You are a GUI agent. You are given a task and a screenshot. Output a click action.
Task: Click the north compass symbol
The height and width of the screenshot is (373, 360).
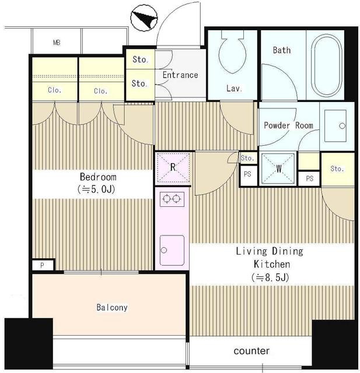click(x=144, y=18)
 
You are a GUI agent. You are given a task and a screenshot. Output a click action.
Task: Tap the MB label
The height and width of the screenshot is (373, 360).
click(x=57, y=43)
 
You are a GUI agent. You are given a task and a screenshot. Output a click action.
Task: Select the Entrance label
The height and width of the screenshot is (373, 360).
click(x=180, y=75)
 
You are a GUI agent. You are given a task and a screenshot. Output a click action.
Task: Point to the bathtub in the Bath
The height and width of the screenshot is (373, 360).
click(x=326, y=65)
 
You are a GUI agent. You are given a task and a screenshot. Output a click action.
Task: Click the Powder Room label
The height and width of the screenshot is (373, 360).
click(x=288, y=125)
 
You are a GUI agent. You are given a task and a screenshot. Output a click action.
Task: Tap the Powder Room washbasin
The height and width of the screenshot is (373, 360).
click(x=335, y=126)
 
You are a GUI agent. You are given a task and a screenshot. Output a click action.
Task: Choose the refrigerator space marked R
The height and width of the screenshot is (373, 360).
click(x=173, y=168)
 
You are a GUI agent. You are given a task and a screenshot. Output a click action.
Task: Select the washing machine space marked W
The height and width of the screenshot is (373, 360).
click(x=278, y=168)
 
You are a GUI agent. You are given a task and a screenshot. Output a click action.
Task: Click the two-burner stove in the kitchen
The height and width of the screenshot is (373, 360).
click(x=172, y=199)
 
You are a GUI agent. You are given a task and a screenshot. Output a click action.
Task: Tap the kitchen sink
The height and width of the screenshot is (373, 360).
click(x=172, y=250)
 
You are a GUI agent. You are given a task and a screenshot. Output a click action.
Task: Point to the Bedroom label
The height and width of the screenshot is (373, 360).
click(x=98, y=177)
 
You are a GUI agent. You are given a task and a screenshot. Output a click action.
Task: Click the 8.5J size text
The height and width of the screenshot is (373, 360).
click(x=270, y=277)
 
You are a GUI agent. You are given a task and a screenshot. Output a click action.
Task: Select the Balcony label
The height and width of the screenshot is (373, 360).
click(x=112, y=307)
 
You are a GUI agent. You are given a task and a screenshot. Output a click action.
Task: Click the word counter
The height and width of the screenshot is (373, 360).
click(x=251, y=351)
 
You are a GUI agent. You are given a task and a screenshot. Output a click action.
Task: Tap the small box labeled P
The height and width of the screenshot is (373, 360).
click(x=43, y=265)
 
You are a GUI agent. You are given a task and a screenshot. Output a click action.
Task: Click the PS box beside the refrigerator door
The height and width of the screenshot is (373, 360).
click(x=248, y=175)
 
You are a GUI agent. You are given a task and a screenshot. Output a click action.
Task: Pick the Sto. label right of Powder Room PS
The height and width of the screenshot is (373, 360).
click(x=337, y=168)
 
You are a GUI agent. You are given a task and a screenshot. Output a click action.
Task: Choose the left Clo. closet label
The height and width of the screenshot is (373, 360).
click(x=54, y=90)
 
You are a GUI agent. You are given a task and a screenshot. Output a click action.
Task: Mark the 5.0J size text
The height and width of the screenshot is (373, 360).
click(x=96, y=189)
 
